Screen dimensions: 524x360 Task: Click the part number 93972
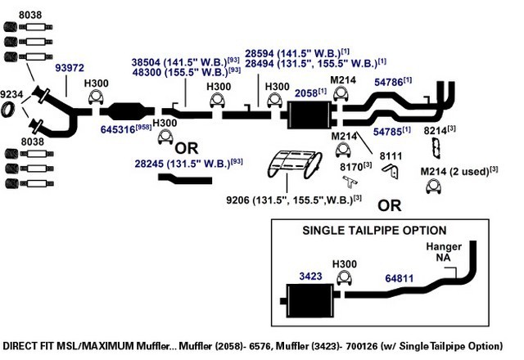coord(70,68)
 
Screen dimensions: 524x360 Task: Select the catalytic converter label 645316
coord(118,129)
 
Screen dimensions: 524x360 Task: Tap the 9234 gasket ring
coord(7,110)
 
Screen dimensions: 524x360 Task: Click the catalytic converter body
coord(128,111)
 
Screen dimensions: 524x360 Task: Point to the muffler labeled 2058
coord(309,115)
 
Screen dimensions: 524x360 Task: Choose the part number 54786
coord(389,82)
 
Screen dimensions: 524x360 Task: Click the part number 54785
coord(387,132)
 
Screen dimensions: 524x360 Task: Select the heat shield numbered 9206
coord(295,164)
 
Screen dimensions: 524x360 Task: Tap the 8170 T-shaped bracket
coord(350,182)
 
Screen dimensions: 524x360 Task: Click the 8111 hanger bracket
coord(391,171)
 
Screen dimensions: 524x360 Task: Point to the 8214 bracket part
coord(436,148)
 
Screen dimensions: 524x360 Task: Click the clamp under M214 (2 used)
coord(433,187)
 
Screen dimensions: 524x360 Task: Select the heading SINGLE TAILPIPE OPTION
coord(374,231)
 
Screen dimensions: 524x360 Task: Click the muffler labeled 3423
coord(310,300)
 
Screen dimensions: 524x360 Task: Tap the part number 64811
coord(399,278)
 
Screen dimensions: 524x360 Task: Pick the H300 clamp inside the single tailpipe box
coord(344,277)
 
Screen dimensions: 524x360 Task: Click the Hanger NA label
coord(444,252)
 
